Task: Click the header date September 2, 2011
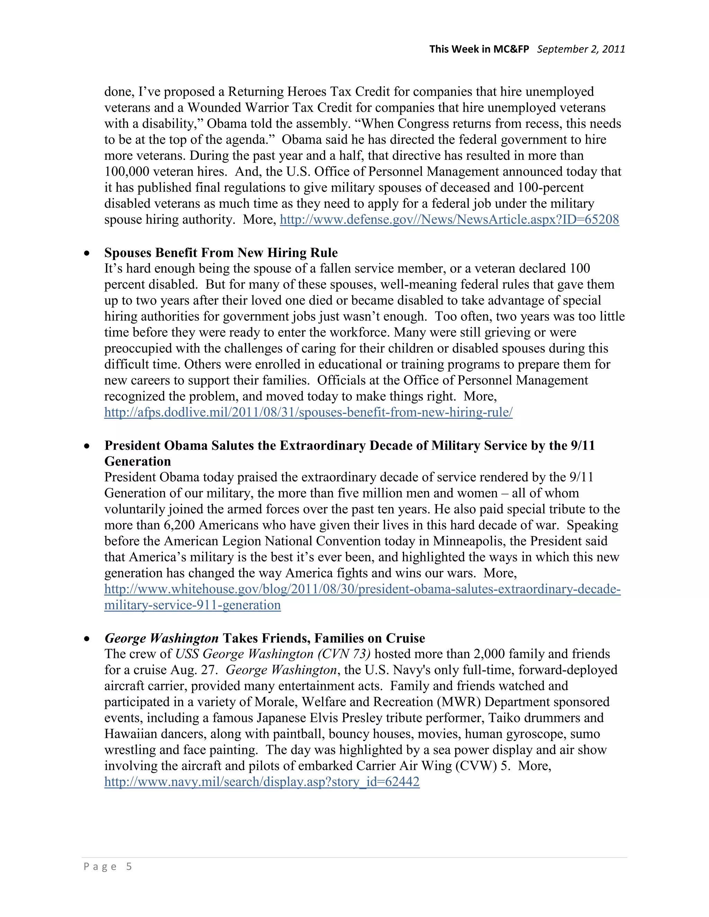581,49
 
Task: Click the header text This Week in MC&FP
479,49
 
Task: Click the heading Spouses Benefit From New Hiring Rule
221,253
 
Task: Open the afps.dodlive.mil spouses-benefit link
308,412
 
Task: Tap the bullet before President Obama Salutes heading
87,446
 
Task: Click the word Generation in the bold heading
137,461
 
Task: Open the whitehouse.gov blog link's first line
362,589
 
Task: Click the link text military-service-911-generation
192,605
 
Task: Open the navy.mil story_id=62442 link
262,782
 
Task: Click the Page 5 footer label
108,866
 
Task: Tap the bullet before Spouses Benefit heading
87,253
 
